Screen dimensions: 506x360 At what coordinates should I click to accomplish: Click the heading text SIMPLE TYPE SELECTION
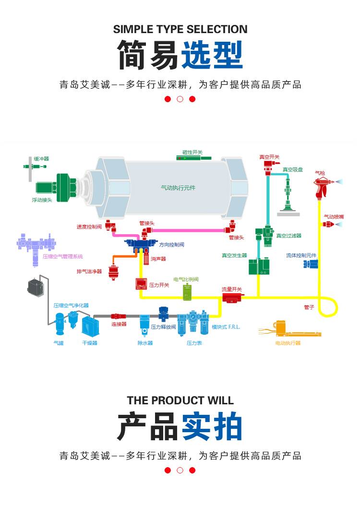[180, 29]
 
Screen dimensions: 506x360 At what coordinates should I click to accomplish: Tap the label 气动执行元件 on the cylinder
[178, 188]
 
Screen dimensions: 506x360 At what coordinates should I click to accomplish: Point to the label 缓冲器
[41, 158]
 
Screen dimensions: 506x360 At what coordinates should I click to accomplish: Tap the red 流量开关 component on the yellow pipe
[231, 298]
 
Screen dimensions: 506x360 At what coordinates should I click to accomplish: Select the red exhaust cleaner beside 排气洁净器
[114, 272]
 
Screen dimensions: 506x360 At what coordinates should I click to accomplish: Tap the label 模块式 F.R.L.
[226, 327]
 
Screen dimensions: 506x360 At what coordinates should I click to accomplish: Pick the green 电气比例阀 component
[187, 291]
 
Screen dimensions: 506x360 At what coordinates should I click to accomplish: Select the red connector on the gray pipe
[119, 316]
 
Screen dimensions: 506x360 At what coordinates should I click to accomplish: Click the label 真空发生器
[234, 256]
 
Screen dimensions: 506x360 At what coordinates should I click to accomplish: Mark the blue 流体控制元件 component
[311, 264]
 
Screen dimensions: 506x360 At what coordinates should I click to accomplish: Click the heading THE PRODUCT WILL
[180, 400]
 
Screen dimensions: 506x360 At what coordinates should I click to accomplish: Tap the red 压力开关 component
[141, 284]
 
